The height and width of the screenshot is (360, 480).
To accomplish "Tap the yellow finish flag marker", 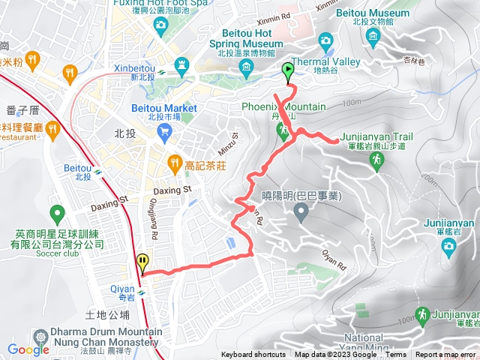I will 142,262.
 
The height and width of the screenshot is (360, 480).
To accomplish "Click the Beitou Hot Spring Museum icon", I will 246,69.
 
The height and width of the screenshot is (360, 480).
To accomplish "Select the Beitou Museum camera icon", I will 326,39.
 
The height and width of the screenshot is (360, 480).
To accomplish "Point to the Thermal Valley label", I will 334,63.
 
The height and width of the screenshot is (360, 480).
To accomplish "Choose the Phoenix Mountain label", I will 283,107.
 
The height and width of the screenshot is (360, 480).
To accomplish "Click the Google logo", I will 28,349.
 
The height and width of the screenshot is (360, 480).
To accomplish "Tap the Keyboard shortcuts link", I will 253,355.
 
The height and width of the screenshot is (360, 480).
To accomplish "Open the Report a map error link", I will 445,355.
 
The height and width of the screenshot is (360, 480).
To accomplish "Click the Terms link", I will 396,355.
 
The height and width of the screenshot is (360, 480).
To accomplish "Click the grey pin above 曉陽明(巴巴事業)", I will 301,214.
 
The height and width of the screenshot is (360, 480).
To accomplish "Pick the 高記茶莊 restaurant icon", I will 174,161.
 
